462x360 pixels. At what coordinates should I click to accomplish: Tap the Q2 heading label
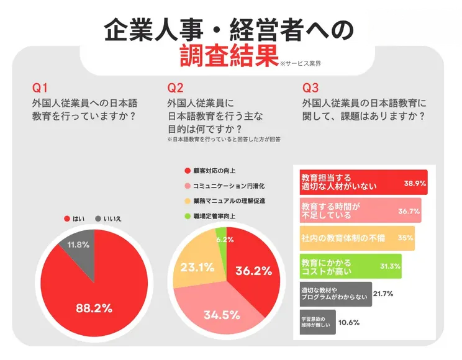tap(176, 87)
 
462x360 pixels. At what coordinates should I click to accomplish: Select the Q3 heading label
tap(310, 87)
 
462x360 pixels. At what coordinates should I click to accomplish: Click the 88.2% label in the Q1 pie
tap(94, 307)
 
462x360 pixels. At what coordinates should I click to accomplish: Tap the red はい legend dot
tap(66, 218)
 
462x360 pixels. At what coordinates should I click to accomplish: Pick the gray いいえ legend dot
tap(98, 218)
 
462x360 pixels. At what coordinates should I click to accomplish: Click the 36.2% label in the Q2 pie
tap(253, 271)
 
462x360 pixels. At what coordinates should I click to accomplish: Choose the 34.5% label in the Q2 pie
tap(222, 315)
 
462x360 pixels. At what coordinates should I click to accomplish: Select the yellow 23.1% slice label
tap(197, 268)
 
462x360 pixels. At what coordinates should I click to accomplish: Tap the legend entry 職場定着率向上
tap(215, 217)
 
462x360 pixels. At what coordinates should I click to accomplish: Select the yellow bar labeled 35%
tap(356, 238)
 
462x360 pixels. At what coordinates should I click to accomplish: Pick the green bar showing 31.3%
tap(350, 266)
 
